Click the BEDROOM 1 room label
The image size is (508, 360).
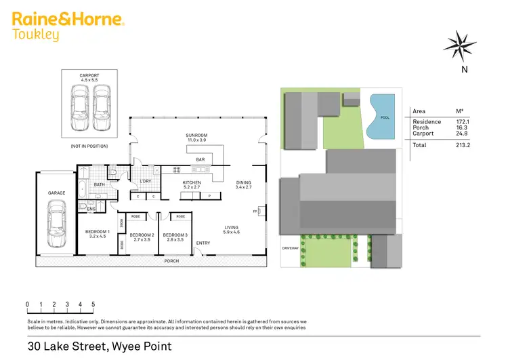96,234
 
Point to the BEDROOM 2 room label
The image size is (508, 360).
143,237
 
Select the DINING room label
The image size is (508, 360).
243,183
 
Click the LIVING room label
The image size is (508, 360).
232,229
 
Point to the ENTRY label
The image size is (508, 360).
203,243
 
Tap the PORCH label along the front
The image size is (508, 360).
169,260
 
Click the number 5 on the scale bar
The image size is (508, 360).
93,304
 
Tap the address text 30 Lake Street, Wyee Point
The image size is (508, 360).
100,346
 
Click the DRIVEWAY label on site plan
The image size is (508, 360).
291,249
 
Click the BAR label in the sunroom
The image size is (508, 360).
200,160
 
